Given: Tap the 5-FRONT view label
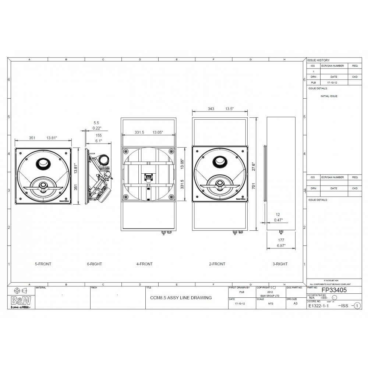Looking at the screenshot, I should point(43,264).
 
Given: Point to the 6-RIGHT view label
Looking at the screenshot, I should point(94,264).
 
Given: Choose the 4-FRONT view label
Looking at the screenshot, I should point(144,264).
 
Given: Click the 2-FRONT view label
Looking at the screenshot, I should point(217,264).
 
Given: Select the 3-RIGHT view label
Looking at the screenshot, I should point(280,264).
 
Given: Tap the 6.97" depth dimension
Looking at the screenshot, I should point(281,245).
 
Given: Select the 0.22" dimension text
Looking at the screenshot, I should point(96,128).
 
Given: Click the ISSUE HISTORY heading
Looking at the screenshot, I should point(319,60).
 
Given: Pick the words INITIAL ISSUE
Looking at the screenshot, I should point(329,96).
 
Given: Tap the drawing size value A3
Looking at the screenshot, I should point(295,304).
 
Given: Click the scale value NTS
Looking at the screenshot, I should point(271,304).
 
